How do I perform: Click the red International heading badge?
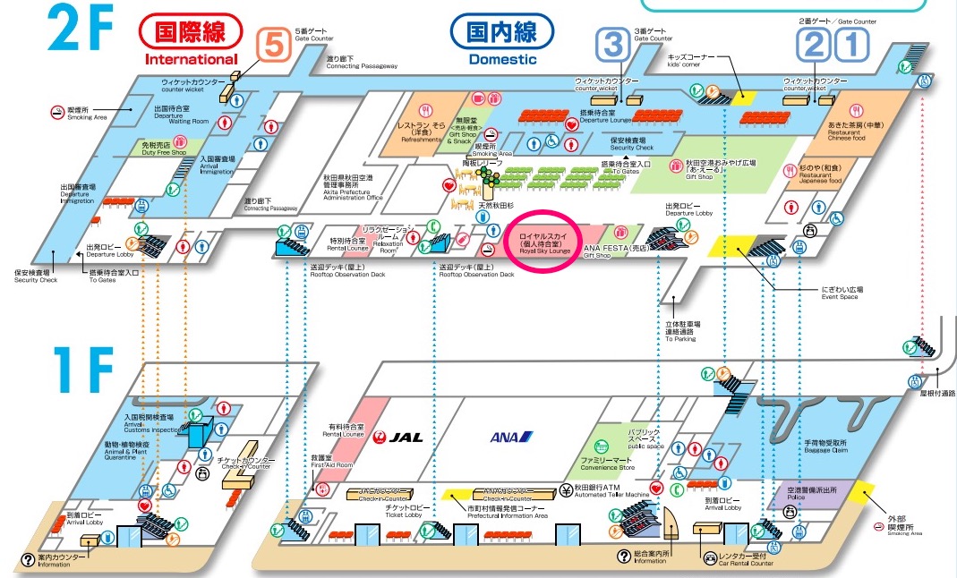(x=191, y=33)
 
